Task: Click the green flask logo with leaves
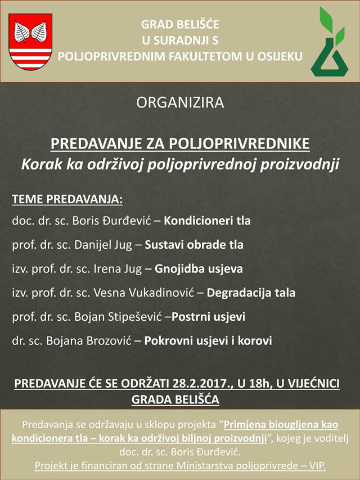(x=330, y=43)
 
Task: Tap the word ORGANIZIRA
(x=180, y=103)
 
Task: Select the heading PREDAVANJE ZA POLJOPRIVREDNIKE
(x=180, y=143)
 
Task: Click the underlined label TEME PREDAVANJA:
(x=67, y=200)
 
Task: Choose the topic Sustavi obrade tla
(x=194, y=245)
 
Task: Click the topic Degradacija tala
(x=251, y=293)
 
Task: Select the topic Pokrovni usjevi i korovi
(x=208, y=341)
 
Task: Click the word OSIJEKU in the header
(x=278, y=56)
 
